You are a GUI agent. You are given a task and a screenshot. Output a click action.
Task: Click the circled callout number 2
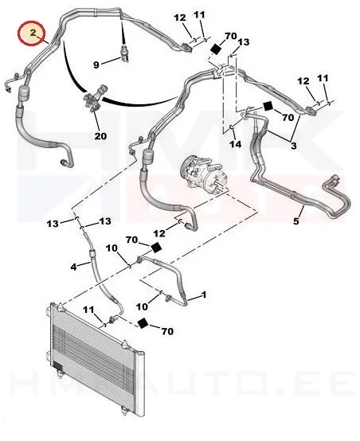(33, 33)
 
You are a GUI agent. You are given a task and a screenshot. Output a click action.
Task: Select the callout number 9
(96, 65)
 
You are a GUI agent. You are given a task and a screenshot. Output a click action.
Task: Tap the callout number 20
(100, 136)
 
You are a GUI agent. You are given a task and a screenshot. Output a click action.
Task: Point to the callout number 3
(293, 146)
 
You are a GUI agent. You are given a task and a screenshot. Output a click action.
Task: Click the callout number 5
(295, 221)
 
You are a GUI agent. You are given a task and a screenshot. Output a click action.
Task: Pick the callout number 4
(73, 267)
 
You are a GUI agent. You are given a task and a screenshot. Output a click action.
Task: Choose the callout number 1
(204, 295)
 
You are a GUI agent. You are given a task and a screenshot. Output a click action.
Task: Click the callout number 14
(235, 144)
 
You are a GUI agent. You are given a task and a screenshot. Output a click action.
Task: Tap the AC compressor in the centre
(203, 174)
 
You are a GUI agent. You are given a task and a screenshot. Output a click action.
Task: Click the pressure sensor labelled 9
(124, 52)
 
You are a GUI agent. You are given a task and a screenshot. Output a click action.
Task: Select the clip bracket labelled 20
(93, 99)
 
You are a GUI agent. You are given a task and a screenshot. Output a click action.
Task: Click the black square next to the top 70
(216, 49)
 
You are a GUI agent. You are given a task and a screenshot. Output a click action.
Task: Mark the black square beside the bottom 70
(143, 323)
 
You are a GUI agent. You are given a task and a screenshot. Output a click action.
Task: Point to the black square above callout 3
(268, 107)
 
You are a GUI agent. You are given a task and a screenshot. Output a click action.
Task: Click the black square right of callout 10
(155, 248)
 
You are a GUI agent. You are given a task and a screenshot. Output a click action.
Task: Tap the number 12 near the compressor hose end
(159, 233)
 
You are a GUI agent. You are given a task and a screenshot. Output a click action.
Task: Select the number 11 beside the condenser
(88, 310)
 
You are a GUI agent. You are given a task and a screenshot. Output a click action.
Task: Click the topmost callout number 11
(199, 14)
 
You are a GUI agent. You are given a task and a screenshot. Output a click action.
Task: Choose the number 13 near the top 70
(244, 42)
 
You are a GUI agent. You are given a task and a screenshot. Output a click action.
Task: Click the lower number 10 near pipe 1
(142, 306)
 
